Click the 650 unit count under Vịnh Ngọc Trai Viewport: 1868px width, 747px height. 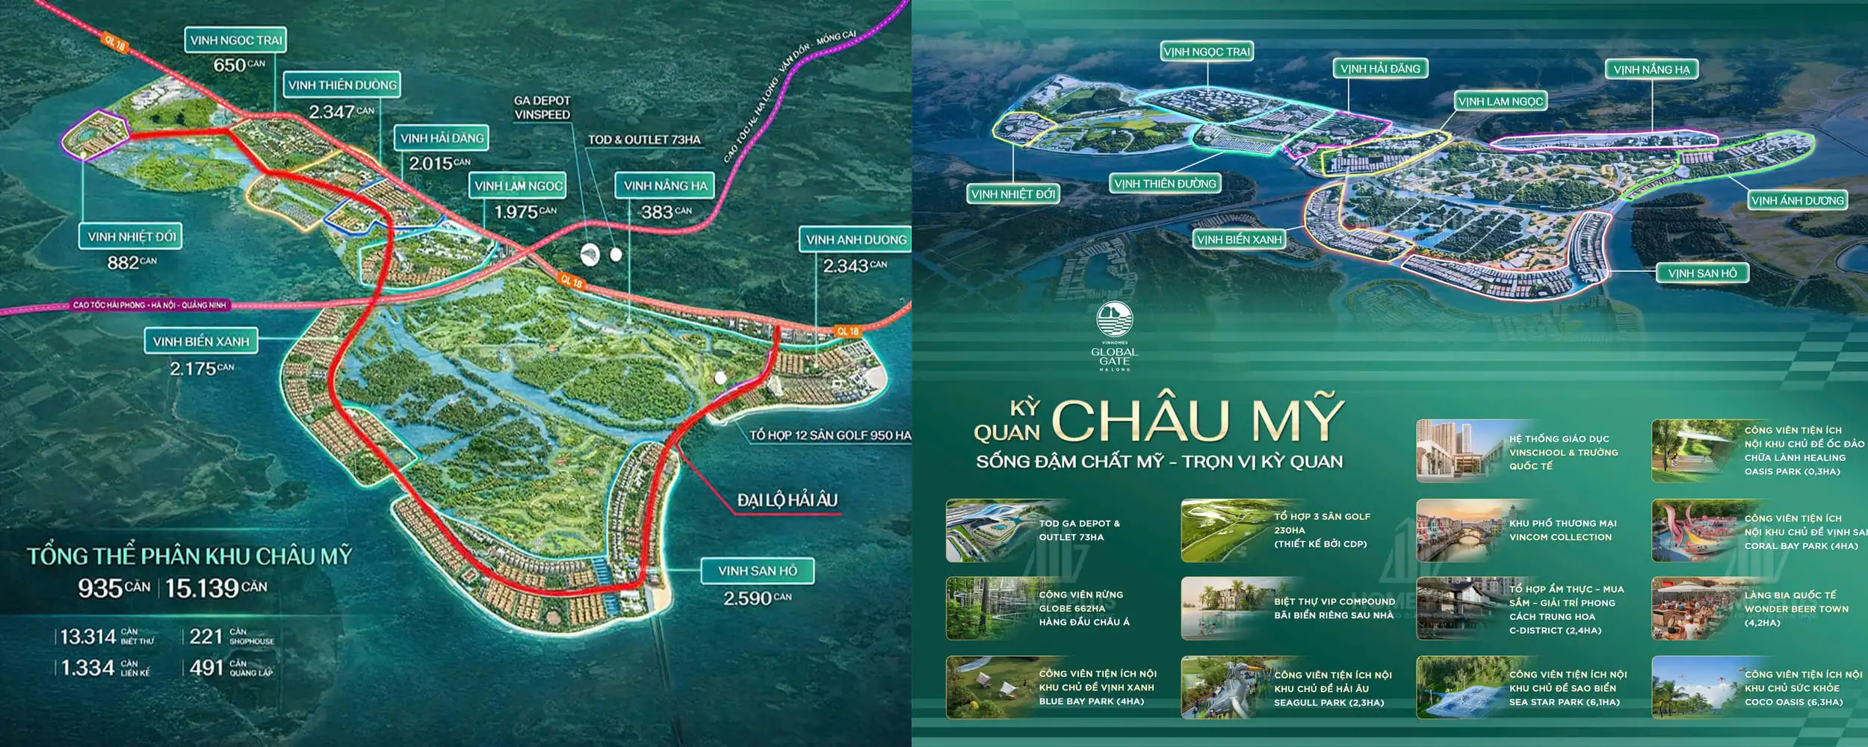pyautogui.click(x=230, y=65)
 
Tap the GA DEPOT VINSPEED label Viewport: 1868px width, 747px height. pyautogui.click(x=542, y=108)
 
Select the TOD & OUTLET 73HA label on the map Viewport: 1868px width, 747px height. pyautogui.click(x=644, y=140)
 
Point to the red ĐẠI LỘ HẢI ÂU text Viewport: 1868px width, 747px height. pyautogui.click(x=787, y=500)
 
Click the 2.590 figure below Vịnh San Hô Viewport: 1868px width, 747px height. pyautogui.click(x=748, y=598)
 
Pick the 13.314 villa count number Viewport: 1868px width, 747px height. pyautogui.click(x=87, y=636)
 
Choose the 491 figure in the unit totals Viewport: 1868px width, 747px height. pyautogui.click(x=207, y=667)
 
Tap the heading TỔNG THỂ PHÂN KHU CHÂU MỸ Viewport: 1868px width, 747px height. pyautogui.click(x=189, y=556)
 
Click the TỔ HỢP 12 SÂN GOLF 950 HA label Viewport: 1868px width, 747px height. pyautogui.click(x=829, y=435)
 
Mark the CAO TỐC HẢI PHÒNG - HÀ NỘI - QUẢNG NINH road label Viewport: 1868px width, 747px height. pyautogui.click(x=149, y=305)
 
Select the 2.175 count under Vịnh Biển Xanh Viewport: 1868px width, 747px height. pyautogui.click(x=193, y=368)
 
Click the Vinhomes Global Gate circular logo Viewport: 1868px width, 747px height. pyautogui.click(x=1114, y=320)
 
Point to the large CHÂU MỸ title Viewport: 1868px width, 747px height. pyautogui.click(x=1198, y=420)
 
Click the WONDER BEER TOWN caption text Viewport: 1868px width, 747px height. pyautogui.click(x=1796, y=609)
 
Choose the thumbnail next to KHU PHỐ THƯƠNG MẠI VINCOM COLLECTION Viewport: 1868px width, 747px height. pyautogui.click(x=1459, y=530)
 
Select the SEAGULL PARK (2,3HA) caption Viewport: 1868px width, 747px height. pyautogui.click(x=1329, y=703)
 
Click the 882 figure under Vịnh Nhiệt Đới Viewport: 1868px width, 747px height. pyautogui.click(x=123, y=262)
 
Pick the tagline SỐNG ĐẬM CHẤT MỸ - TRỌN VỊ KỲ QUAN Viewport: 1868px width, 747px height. pyautogui.click(x=1159, y=462)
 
